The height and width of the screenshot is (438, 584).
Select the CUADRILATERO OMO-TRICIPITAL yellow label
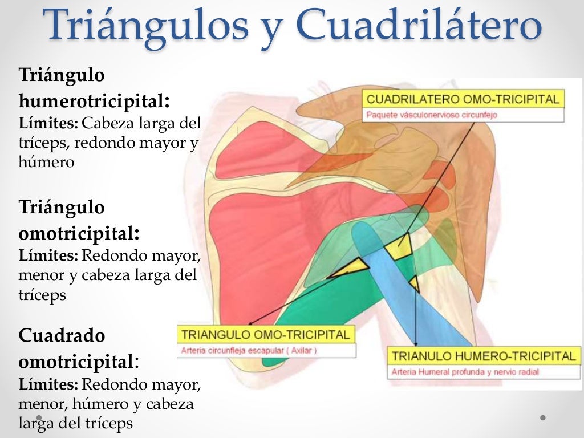click(x=463, y=99)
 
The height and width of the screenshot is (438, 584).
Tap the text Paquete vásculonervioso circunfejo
click(x=432, y=115)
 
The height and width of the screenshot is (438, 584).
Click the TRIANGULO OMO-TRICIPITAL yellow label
click(x=265, y=334)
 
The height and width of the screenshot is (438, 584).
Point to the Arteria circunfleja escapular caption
click(x=249, y=351)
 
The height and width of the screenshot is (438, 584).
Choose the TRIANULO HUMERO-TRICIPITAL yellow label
click(x=483, y=356)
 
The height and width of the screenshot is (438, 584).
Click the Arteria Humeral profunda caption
click(x=465, y=372)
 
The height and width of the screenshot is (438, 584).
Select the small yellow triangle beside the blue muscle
click(x=415, y=283)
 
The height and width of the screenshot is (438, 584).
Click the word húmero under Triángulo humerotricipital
click(x=46, y=162)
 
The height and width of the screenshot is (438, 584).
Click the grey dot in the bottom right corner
click(x=542, y=417)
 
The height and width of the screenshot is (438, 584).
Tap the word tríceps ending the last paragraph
click(x=111, y=423)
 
